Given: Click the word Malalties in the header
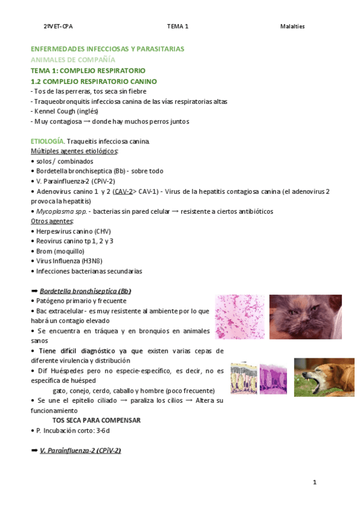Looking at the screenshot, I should click(x=292, y=26).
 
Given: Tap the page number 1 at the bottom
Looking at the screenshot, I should click(x=314, y=482).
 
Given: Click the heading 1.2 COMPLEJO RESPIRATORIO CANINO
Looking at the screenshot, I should click(x=94, y=81).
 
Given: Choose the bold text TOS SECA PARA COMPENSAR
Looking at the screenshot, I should click(x=97, y=420).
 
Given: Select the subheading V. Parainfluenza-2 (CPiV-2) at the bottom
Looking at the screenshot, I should click(x=80, y=450).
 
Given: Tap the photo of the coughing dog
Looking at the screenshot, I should click(x=316, y=377).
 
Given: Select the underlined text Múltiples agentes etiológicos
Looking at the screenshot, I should click(x=74, y=151).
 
